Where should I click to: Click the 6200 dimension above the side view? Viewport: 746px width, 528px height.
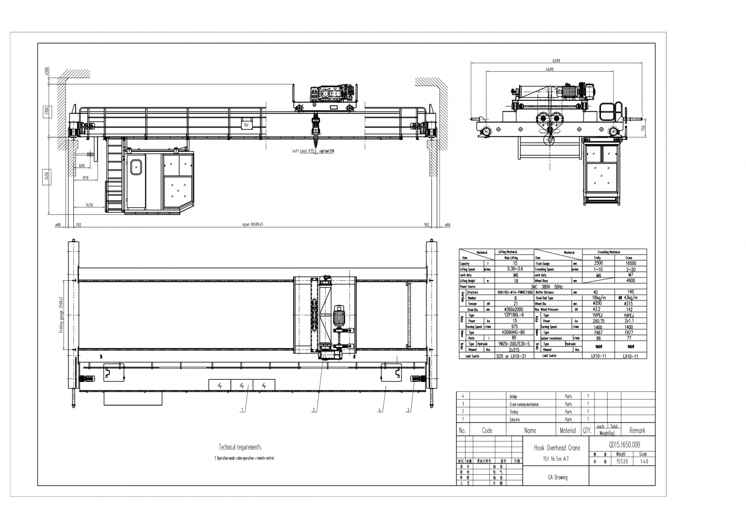556,61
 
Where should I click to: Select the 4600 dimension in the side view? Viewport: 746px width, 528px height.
549,70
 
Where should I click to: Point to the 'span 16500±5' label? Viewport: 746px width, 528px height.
253,224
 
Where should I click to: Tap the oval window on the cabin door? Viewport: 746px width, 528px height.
136,167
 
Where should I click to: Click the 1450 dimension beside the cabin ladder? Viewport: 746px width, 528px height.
89,205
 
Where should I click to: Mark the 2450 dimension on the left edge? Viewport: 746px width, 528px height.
47,176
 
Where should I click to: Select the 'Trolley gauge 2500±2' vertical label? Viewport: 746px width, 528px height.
62,315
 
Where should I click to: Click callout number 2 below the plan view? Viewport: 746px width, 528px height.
313,410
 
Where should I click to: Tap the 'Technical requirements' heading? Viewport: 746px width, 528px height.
240,447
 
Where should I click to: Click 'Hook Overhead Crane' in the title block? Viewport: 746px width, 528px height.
557,448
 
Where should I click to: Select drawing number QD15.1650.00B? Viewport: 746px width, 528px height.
621,444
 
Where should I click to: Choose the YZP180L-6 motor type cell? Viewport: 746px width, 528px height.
515,315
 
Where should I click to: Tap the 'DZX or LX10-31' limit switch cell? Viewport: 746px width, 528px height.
511,356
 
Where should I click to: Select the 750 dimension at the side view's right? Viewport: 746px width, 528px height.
643,128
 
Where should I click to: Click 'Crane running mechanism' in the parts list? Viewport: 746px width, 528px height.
524,404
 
